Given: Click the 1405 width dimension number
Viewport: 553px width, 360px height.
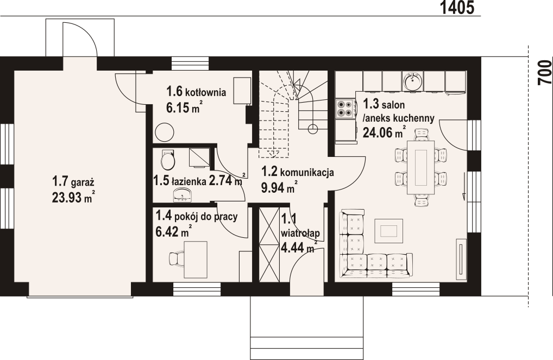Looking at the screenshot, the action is point(457,8).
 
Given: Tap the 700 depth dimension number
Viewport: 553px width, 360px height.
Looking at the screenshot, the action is point(544,72).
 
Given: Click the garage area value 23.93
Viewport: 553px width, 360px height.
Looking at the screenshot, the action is point(67,198).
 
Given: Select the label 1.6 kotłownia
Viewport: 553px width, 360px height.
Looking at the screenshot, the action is point(196,92).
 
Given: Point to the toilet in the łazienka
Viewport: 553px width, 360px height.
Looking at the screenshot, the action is point(167,160).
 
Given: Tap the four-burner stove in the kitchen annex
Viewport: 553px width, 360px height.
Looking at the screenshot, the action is point(345,108).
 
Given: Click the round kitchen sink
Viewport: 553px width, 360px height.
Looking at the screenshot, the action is point(413,81).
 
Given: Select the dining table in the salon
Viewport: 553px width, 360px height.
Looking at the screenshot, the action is point(421,167).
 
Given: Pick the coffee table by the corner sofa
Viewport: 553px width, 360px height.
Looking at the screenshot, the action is point(388,231).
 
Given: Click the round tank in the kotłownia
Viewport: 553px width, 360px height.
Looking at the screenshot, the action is point(165,132).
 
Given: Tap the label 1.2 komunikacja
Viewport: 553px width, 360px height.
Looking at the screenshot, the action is point(297,172).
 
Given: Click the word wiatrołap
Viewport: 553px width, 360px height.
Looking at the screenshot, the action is point(300,233).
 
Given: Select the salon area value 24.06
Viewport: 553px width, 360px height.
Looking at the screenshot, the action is point(378,132).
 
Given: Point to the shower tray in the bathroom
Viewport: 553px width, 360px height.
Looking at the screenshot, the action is point(199,157).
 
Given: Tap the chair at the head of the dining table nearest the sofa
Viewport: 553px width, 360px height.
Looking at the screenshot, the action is point(421,201).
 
